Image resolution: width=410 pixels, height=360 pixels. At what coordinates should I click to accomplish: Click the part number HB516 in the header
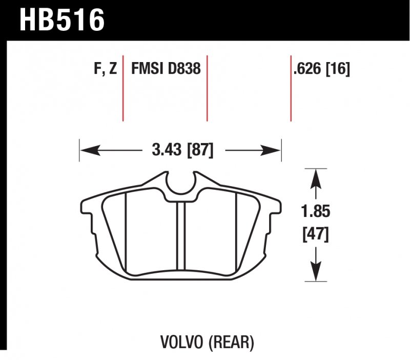62,19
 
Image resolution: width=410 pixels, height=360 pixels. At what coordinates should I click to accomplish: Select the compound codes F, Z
106,69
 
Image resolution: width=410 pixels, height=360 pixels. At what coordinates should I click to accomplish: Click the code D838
184,69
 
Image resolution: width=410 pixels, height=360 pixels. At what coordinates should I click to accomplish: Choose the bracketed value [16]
338,69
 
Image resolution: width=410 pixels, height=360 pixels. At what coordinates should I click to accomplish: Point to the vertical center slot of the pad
180,235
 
